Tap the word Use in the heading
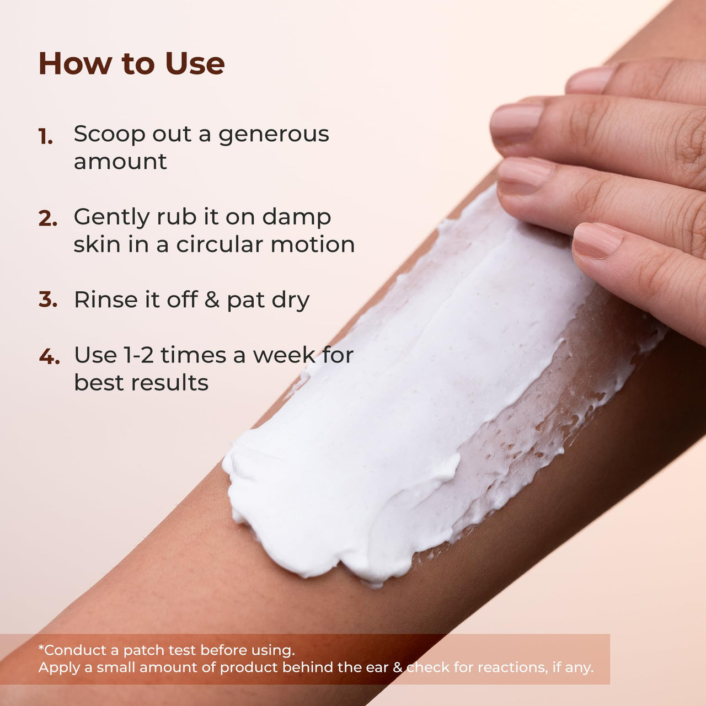click(195, 64)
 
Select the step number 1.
click(45, 137)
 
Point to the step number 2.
click(47, 219)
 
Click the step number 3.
click(47, 299)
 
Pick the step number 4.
click(49, 356)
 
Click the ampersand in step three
click(212, 299)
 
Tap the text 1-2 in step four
click(138, 355)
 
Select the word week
click(284, 355)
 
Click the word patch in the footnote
click(141, 650)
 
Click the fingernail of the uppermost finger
click(590, 80)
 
